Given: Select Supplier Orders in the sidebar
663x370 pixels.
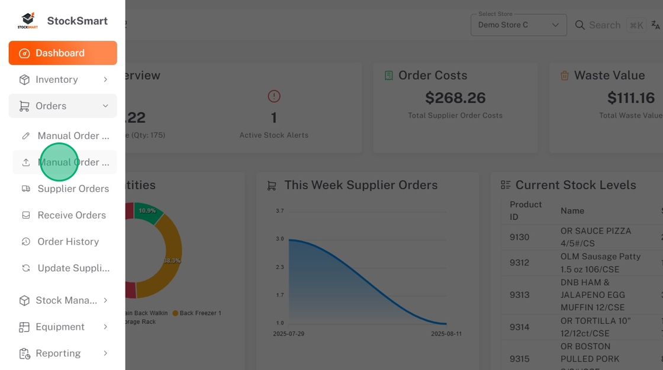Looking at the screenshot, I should [x=73, y=189].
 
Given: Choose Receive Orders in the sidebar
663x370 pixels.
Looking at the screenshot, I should [x=72, y=215].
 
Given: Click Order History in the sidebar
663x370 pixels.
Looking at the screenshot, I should [x=68, y=242].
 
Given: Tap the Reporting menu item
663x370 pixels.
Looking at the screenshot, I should [x=58, y=353].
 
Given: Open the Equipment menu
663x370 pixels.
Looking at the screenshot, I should [x=60, y=327].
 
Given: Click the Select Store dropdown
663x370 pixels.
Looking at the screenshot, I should [x=518, y=25].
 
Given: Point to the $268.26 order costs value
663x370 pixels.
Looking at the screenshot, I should [x=455, y=98].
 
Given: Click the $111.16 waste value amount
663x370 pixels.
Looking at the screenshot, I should [x=630, y=98].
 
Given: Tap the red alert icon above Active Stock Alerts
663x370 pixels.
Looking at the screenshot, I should [x=273, y=96].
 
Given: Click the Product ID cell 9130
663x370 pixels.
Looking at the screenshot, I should [x=520, y=237].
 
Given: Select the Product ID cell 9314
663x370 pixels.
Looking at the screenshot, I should [x=520, y=327].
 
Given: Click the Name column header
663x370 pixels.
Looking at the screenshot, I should [x=572, y=210].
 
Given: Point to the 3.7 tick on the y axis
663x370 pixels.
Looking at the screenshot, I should [x=279, y=211].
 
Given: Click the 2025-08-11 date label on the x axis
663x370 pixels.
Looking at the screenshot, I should [x=446, y=334].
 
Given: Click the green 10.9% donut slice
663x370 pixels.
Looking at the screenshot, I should [x=148, y=213].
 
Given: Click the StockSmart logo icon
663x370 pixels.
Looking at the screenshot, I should [x=27, y=21].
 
